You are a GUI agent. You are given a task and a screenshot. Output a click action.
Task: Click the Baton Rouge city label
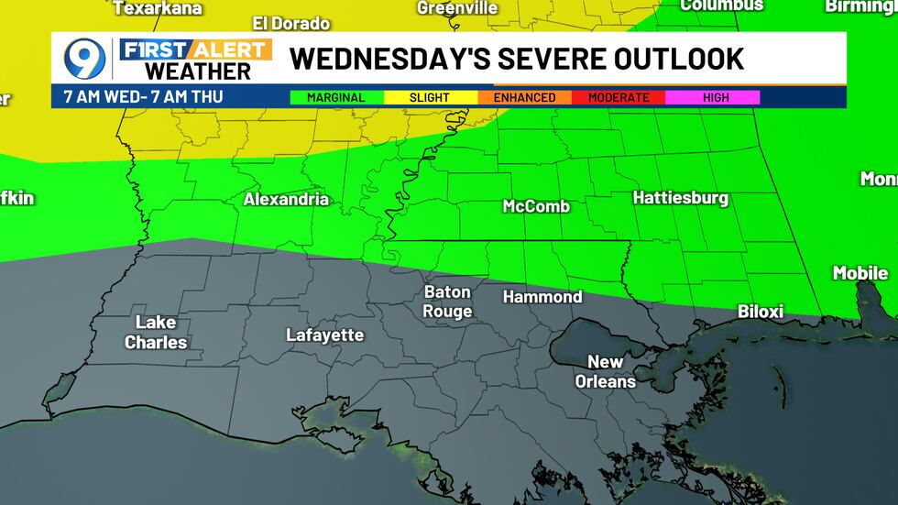pos(447,302)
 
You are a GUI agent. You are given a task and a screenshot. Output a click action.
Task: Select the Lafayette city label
pos(324,335)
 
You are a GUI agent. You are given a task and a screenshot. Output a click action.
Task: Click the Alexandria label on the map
pos(286,199)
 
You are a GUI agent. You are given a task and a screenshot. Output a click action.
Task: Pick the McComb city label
pos(536,206)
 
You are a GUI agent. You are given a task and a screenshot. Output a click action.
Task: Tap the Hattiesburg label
pos(680,198)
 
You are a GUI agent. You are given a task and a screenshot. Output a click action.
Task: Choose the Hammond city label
pos(542,297)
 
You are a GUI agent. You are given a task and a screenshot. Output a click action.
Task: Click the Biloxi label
pos(761,312)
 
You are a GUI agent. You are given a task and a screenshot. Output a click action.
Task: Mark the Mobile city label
pos(860,273)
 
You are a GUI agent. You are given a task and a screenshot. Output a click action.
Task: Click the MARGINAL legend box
pos(335,97)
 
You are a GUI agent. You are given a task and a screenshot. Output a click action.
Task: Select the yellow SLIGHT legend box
pos(430,97)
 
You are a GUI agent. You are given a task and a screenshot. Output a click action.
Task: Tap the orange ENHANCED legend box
pos(524,97)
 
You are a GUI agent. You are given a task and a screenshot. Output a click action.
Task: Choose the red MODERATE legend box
pos(619,97)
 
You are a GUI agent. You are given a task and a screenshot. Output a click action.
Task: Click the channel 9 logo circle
pos(84,59)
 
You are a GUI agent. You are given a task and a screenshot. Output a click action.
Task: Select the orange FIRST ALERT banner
pos(195,49)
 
